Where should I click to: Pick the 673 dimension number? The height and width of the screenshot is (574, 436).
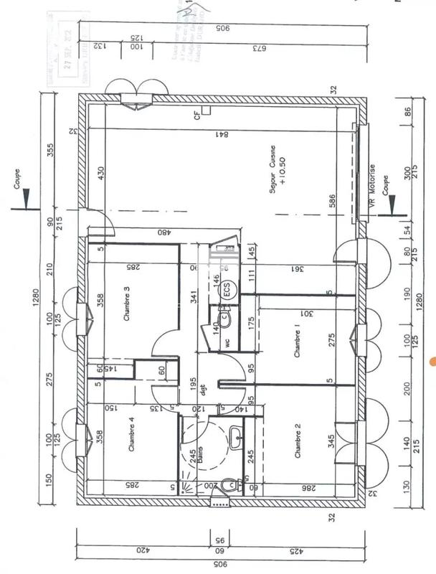234,47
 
